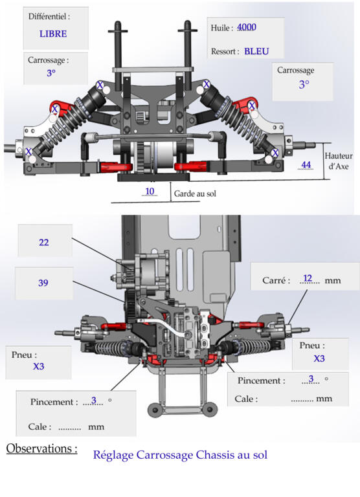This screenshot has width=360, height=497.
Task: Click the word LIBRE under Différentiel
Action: point(53,34)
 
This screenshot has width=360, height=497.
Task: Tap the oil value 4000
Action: point(247,27)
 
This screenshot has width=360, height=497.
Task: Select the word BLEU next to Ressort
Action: point(256,51)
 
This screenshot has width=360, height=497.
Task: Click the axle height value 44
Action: point(306,165)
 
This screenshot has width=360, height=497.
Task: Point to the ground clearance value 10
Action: point(150,191)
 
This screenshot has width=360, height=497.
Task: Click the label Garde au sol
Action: point(195,193)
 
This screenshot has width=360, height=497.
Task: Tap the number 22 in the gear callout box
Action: point(44,243)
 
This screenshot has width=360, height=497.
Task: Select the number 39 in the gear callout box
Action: point(43,283)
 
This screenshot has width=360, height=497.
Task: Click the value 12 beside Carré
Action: point(308,278)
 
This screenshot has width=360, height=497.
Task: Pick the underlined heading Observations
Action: point(41,448)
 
